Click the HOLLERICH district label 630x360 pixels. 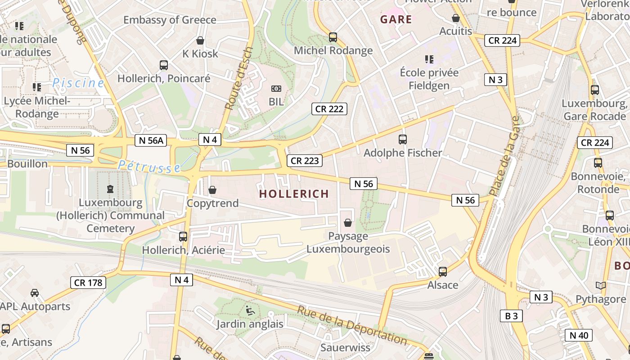point(294,194)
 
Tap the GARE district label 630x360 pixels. point(396,19)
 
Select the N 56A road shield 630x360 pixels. point(151,140)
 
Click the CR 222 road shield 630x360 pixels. point(329,109)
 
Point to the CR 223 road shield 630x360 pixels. point(305,161)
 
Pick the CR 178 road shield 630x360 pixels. point(88,283)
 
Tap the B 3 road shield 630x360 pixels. point(511,316)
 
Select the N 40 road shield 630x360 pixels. point(578,335)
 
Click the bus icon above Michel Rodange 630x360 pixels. point(333,37)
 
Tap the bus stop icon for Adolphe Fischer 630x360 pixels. point(403,139)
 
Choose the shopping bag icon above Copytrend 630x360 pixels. point(212,190)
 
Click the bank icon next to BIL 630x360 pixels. point(276,89)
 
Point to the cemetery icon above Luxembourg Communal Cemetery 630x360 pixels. point(110,189)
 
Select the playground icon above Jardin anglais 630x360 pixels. point(250,310)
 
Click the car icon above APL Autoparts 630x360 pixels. point(35,293)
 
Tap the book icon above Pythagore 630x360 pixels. point(600,285)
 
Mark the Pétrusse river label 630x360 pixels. point(149,166)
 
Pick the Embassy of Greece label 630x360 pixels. point(170,20)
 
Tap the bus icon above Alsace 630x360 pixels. point(443,271)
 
